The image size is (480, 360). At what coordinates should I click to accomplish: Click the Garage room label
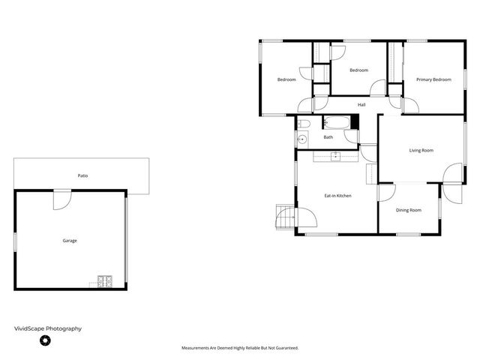pos(69,241)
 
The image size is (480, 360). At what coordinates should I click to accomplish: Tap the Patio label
pos(82,175)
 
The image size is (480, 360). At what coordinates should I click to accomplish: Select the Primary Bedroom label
pos(433,79)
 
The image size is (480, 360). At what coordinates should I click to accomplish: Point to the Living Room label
pos(421,151)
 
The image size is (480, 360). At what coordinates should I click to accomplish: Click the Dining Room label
pos(409,210)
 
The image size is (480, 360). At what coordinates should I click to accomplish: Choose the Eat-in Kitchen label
pos(337,196)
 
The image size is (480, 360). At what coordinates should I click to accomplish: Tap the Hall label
pos(361,104)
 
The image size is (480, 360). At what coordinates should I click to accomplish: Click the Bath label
pos(328,137)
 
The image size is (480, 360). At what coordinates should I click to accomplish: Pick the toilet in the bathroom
pos(302,124)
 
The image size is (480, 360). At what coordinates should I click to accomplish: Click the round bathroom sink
pos(302,139)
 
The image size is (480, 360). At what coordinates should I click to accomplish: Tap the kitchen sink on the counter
pos(335,156)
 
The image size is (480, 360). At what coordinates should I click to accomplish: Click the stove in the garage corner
pos(104,283)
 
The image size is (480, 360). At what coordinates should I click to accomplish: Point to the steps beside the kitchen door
pos(285,217)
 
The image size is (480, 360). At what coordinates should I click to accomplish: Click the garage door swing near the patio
pos(61,198)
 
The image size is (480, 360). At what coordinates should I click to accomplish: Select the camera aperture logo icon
pos(44,341)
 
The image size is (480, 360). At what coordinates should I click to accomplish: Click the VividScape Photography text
pos(48,328)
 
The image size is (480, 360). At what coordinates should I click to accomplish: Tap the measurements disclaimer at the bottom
pos(240,348)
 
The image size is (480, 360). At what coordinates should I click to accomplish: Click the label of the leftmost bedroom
pos(286,79)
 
